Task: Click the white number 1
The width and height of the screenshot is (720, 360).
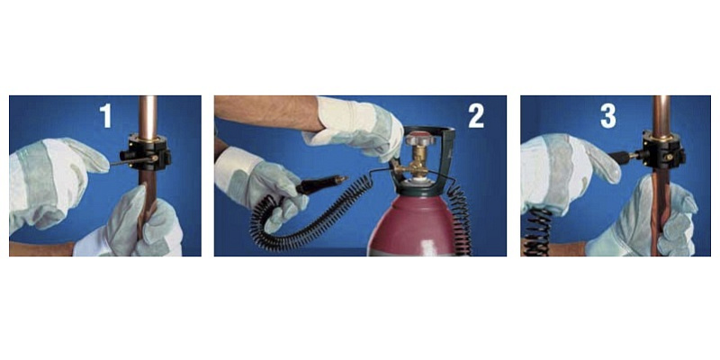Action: coord(106,116)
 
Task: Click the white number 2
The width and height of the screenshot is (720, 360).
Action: coord(476,116)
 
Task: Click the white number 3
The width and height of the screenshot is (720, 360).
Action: coord(608,116)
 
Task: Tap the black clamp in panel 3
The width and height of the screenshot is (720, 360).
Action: coord(663,148)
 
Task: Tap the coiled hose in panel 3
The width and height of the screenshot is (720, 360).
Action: coord(538,232)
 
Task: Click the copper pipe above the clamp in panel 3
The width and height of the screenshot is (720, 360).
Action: coord(661,115)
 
